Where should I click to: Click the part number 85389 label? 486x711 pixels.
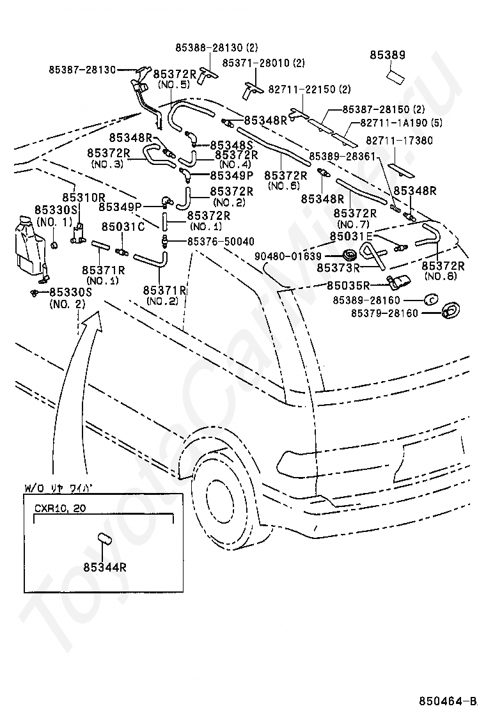coord(388,55)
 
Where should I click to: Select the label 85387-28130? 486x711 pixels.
coord(82,70)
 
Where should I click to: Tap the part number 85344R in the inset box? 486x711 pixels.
coord(105,566)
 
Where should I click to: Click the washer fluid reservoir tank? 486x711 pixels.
coord(27,245)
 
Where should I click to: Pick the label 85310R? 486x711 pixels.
coord(84,198)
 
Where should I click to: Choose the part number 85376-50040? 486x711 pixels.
coord(221,241)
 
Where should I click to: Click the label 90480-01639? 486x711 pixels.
coord(288,256)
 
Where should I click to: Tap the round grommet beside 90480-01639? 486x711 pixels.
coord(349,253)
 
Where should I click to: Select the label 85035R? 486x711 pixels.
coord(348,285)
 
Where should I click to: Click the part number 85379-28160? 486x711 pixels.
coord(384,313)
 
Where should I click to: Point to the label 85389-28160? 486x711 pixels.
coord(366,300)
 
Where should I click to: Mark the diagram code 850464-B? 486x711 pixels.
coord(448,701)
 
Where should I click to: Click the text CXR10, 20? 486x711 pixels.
coord(60,508)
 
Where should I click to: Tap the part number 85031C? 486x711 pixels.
coord(123,226)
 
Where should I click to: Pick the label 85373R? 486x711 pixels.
coord(338,267)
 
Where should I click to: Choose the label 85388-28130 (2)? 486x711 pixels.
coord(217,47)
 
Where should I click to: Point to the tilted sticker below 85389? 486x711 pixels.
coord(397,76)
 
